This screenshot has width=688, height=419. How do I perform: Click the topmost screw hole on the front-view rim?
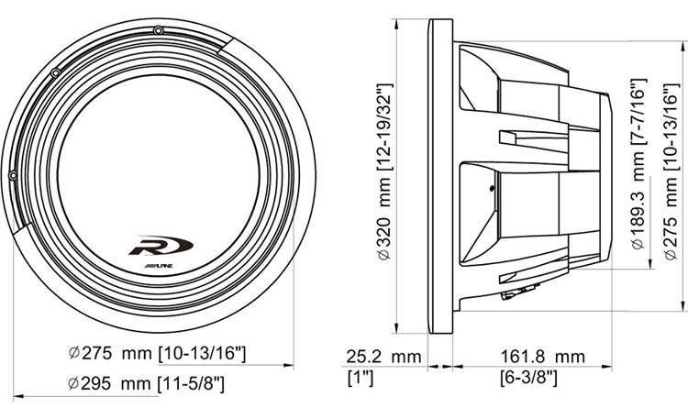point(159,31)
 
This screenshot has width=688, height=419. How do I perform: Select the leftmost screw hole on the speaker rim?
point(12,174)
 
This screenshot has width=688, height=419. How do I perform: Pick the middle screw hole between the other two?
point(56,72)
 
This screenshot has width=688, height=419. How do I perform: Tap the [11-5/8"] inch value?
point(190,380)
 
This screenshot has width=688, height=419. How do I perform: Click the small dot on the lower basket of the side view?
point(492,191)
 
